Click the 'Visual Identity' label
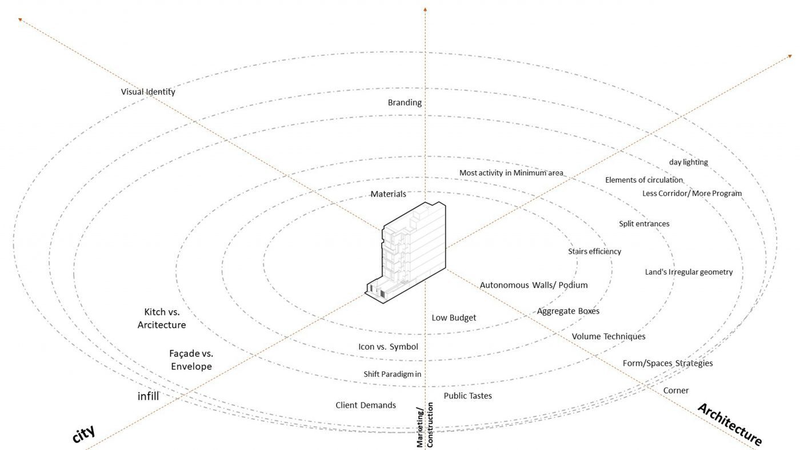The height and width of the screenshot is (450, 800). coord(148,92)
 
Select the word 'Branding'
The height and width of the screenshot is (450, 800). coord(405,103)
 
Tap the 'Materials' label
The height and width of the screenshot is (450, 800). coord(388,194)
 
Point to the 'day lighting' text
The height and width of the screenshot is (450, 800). coord(688,162)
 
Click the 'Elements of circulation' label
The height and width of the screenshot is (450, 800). coord(644,180)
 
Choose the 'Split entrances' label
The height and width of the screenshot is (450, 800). coord(644,224)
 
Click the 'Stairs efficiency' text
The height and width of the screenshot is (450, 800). coord(595,251)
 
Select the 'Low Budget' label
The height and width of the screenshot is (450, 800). coord(454,318)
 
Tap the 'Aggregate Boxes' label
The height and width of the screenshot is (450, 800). coord(568,311)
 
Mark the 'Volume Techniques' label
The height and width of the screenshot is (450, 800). coord(609,336)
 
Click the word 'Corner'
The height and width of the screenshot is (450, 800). coord(675,391)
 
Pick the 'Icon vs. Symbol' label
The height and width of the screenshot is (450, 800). coord(388,347)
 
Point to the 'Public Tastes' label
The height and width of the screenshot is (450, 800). coord(468,396)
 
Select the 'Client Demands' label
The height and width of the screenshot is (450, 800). coord(366,405)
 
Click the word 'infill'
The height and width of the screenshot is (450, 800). coord(148,396)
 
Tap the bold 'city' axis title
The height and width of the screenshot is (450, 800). coord(83,433)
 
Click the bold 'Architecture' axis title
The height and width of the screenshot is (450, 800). coord(730,424)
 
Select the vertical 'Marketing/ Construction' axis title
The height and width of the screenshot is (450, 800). coord(425,425)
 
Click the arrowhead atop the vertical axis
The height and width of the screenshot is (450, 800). coord(425,9)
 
